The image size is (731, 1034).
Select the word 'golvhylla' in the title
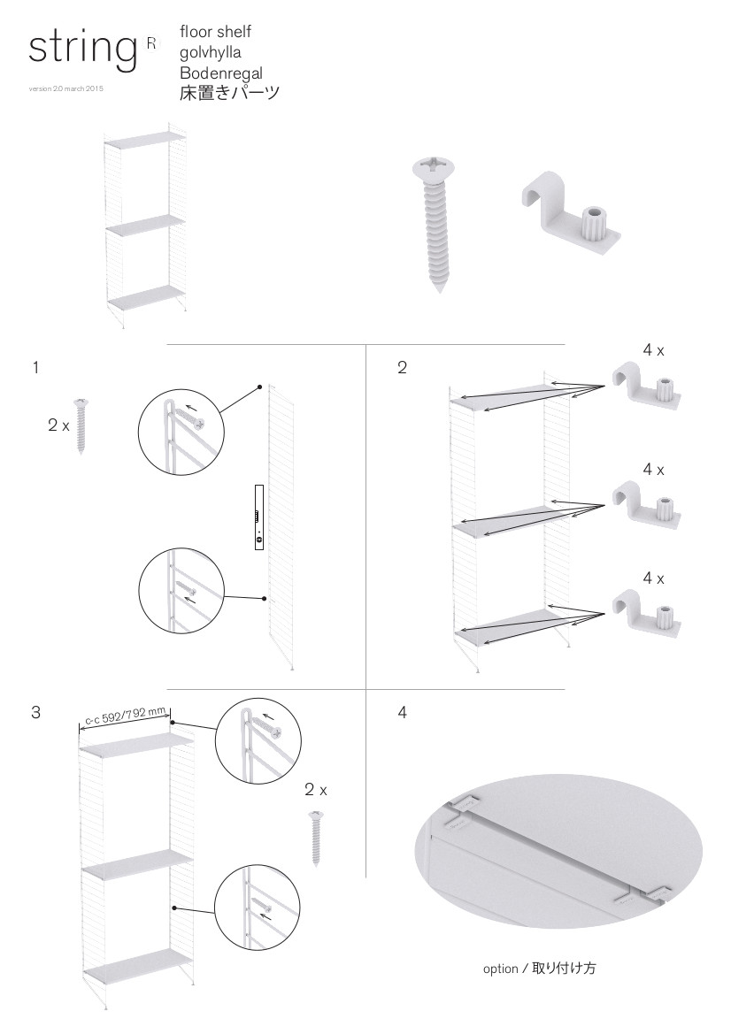click(x=211, y=53)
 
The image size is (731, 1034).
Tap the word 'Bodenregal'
click(x=221, y=73)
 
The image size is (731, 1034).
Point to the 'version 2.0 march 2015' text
click(x=66, y=89)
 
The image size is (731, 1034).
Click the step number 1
click(x=35, y=367)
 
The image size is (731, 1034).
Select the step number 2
click(x=402, y=367)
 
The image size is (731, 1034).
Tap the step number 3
click(x=35, y=712)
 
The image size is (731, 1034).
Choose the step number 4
click(x=403, y=712)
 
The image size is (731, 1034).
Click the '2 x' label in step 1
click(x=58, y=425)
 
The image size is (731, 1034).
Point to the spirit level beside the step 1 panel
click(x=259, y=517)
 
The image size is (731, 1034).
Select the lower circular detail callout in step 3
click(x=258, y=908)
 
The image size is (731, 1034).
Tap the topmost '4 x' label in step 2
click(x=653, y=351)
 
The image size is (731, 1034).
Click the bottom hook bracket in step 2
click(x=646, y=614)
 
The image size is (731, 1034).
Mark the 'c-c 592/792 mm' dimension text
click(x=126, y=716)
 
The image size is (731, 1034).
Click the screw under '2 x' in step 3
click(x=316, y=839)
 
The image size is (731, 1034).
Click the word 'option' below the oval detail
click(x=500, y=969)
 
